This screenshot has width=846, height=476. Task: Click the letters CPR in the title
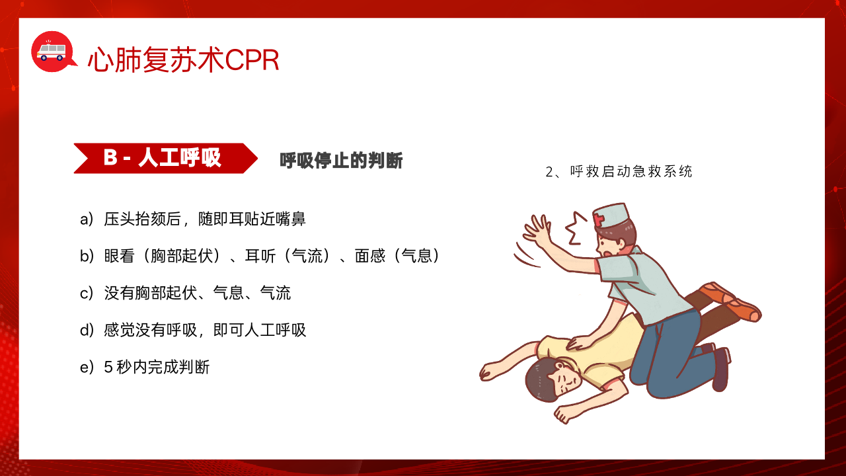point(252,60)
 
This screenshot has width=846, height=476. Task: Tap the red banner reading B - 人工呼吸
point(165,158)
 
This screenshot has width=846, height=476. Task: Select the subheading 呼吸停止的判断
point(341,160)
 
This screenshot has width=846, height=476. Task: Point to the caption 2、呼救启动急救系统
point(619,171)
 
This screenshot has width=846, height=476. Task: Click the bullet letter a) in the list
point(87,219)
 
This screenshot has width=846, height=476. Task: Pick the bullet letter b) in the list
point(87,256)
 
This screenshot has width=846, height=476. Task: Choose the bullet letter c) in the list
point(87,293)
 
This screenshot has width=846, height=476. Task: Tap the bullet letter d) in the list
point(87,330)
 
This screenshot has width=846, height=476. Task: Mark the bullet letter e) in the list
point(87,367)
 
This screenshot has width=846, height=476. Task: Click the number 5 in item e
point(108,367)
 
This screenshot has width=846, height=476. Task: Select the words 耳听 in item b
point(260,256)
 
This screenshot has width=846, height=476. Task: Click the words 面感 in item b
point(369,256)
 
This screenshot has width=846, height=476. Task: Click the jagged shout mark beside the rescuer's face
point(576,229)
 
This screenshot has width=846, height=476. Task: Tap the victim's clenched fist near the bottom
point(564,415)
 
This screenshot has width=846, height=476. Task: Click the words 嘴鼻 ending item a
point(290,219)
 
